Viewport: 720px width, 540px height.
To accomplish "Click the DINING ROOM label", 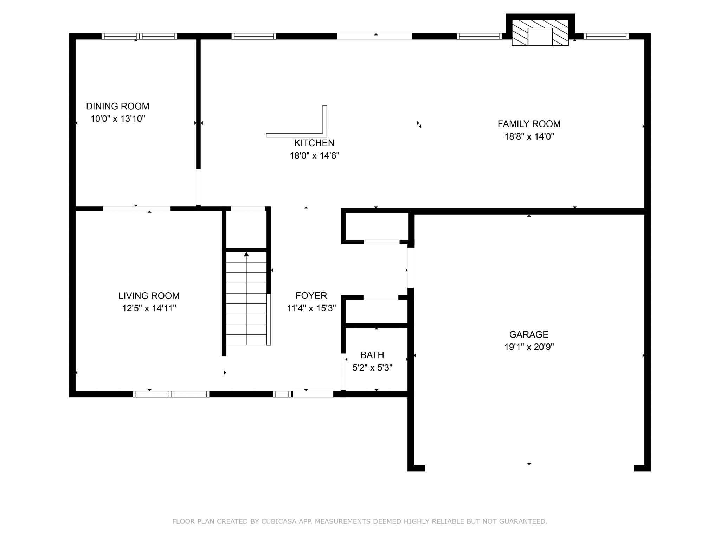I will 117,106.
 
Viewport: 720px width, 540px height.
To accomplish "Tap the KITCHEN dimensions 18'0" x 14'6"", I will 314,155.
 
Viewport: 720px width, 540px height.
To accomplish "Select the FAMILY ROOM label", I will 529,124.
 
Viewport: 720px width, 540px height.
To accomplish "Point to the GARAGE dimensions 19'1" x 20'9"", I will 529,347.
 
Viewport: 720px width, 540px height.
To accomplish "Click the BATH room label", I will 372,355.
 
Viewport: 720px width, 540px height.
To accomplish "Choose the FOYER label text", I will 311,295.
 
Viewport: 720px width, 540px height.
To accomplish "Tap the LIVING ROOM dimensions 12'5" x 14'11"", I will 149,308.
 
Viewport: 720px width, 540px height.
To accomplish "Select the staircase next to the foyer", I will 246,299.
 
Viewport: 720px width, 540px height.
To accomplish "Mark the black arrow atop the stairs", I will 246,254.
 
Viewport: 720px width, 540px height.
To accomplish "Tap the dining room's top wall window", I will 139,36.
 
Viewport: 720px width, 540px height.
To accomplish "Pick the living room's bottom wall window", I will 171,394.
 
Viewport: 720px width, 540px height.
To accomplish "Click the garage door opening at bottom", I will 529,468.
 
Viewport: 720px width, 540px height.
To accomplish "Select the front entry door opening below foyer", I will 313,394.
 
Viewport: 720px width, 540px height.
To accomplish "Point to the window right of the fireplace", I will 606,36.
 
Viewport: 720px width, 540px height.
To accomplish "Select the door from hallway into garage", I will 411,267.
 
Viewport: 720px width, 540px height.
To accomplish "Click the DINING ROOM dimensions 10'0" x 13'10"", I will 118,118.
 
